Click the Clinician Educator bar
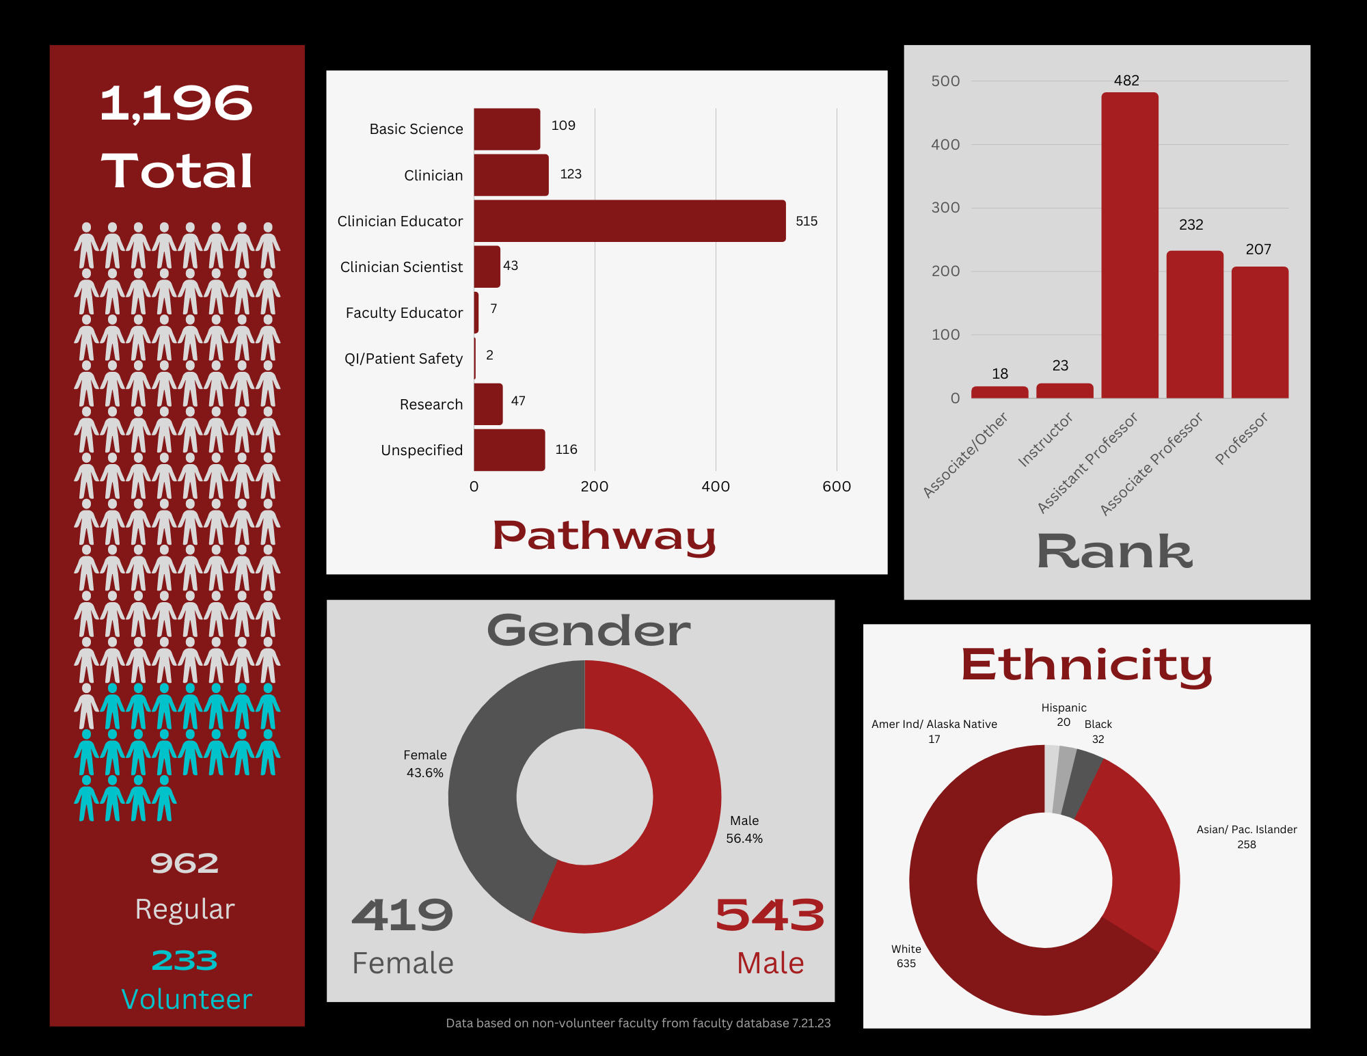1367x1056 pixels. pos(630,221)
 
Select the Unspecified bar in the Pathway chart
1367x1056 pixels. pos(509,450)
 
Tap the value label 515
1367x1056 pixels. pos(807,221)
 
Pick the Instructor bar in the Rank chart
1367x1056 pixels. pos(1064,391)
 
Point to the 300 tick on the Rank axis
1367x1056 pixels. pos(945,208)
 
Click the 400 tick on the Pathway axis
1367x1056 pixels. pos(716,487)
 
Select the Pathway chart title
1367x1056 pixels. pos(604,537)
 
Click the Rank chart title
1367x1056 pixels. pos(1114,552)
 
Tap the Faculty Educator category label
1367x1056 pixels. pos(404,313)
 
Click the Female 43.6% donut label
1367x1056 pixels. pos(424,763)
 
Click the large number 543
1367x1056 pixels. pos(770,915)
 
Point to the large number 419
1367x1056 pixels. pos(403,915)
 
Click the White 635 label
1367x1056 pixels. pos(906,956)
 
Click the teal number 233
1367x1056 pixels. pos(185,960)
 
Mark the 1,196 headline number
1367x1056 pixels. pos(177,104)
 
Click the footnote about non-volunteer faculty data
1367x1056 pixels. pos(638,1023)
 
